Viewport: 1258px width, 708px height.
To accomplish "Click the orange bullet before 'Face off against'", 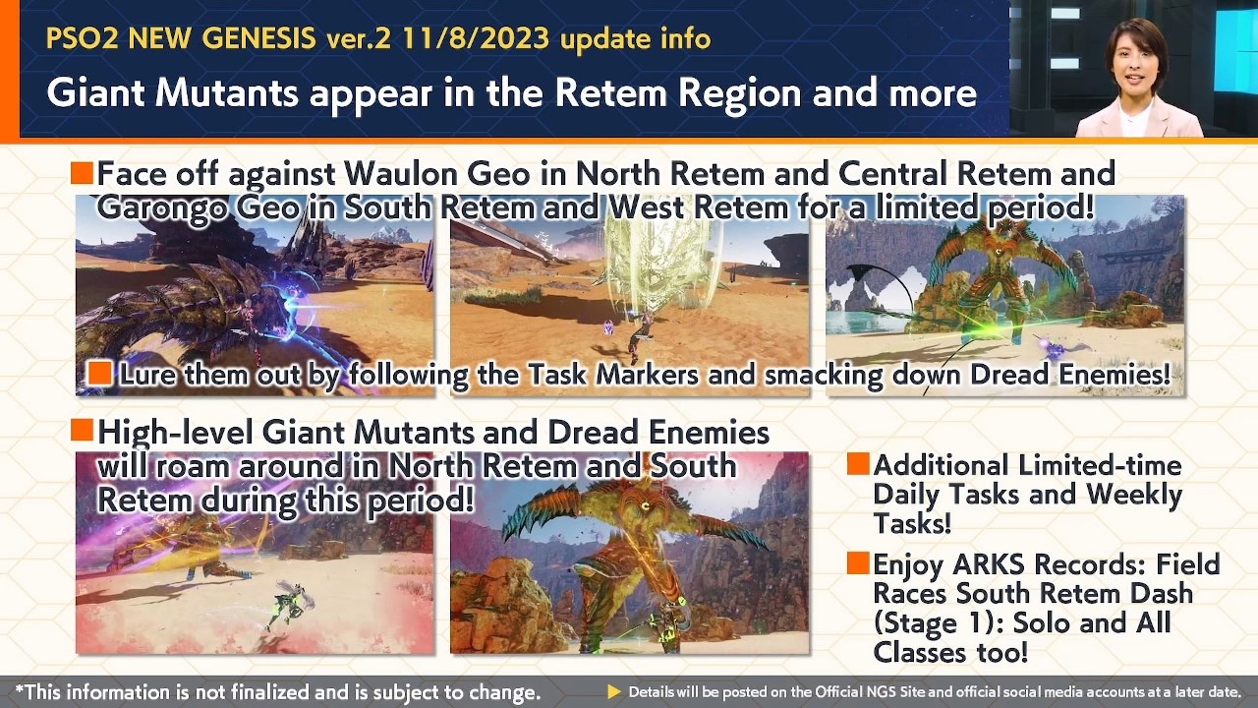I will point(82,174).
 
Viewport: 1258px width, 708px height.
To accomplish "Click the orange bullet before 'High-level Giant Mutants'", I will point(82,431).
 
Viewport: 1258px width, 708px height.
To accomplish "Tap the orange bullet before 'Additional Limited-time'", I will point(857,464).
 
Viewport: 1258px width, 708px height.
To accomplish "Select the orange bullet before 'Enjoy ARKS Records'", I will point(857,563).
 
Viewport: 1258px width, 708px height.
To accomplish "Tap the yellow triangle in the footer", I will point(614,691).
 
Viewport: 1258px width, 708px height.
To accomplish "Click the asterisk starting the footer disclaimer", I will point(19,690).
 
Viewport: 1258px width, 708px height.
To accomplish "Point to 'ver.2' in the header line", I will point(363,39).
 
